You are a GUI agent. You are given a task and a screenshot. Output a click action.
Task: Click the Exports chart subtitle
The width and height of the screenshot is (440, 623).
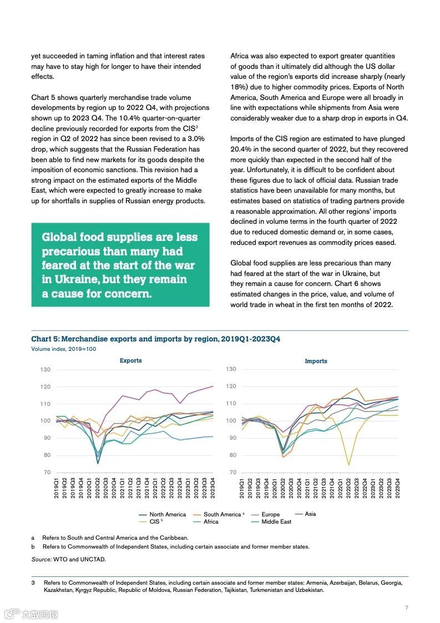[x=130, y=361]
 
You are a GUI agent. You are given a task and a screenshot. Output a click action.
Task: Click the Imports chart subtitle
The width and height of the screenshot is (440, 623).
[x=316, y=361]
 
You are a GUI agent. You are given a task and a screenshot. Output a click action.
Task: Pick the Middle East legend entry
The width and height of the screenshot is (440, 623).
[x=276, y=522]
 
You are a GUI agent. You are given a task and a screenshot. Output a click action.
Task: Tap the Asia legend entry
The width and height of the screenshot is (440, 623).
[x=310, y=514]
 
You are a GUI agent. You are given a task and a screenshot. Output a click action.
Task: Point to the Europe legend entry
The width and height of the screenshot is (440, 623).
[x=271, y=515]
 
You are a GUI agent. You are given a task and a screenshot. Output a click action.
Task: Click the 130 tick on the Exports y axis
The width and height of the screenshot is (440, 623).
[x=45, y=370]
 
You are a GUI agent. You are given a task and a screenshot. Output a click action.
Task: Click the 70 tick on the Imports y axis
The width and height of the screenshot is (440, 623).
[x=231, y=473]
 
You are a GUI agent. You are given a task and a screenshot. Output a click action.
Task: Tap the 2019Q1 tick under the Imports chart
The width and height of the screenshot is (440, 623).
[x=242, y=489]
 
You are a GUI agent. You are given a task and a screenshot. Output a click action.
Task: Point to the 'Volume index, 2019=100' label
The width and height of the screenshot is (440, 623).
[x=64, y=349]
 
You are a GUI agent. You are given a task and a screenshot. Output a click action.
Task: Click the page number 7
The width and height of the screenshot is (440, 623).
[x=407, y=607]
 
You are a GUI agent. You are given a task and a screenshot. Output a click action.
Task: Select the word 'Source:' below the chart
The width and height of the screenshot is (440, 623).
[x=41, y=559]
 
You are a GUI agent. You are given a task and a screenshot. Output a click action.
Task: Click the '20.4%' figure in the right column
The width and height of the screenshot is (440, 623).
[x=241, y=149]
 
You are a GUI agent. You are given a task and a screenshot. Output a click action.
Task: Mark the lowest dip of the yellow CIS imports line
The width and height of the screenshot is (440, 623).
[x=348, y=465]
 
